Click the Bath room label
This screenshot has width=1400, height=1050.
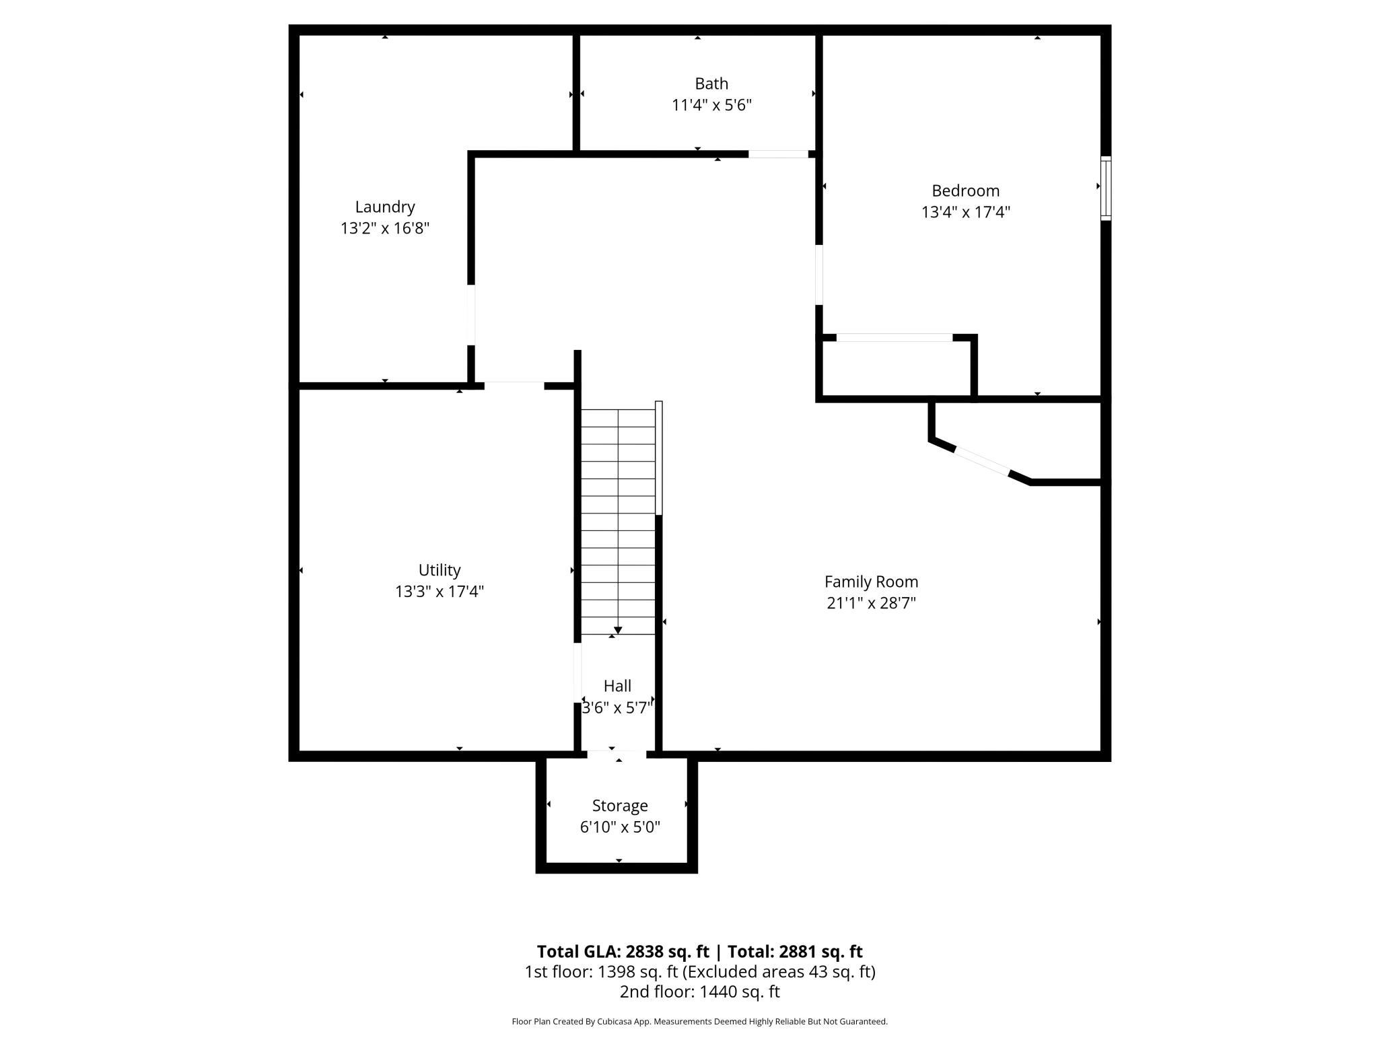(x=711, y=83)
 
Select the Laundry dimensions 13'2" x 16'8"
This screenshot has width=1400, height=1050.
(x=385, y=228)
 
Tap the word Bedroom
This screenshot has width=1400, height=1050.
(x=965, y=191)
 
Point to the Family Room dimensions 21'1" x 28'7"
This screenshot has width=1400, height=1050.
(x=871, y=603)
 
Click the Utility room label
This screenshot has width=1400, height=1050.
(x=440, y=571)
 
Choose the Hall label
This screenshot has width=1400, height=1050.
(x=617, y=686)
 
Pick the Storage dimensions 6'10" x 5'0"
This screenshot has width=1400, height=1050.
(x=620, y=827)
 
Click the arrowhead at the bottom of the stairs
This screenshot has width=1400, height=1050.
(x=618, y=631)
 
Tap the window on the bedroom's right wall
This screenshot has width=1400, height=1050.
(x=1105, y=188)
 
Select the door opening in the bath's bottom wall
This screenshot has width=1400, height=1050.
(x=778, y=154)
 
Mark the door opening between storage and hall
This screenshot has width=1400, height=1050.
(x=617, y=755)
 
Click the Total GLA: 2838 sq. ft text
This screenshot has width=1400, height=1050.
(x=623, y=951)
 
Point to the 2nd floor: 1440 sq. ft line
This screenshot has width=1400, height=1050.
(x=699, y=991)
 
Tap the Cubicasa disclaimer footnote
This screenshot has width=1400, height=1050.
(x=699, y=1021)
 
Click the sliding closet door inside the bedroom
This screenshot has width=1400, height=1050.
(x=895, y=337)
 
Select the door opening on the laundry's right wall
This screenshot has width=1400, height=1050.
(x=471, y=315)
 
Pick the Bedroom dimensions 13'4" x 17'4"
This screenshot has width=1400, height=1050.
(x=965, y=212)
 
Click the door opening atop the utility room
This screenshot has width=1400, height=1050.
(x=514, y=386)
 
